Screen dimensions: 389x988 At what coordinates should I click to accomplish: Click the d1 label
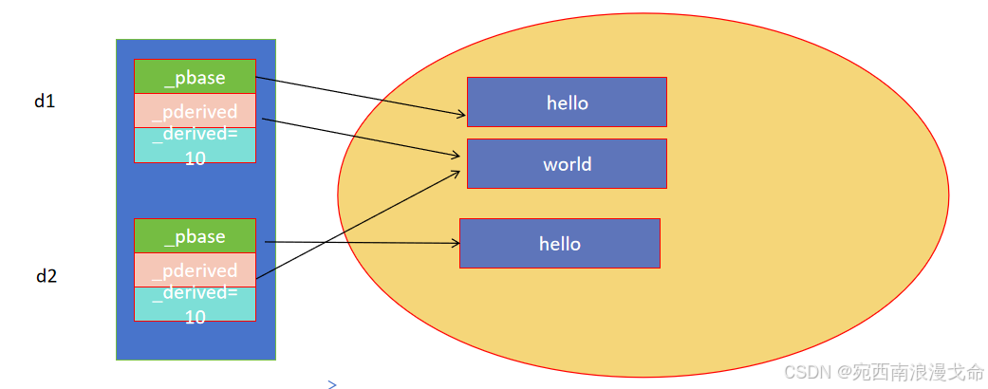45,102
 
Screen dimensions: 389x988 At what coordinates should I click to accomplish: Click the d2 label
47,277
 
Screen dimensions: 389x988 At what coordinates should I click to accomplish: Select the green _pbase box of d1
195,77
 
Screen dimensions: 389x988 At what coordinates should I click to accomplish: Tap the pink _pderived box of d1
195,111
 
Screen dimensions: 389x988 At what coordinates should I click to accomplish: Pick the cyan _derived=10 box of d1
195,146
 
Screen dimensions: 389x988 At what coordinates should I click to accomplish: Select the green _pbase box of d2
195,236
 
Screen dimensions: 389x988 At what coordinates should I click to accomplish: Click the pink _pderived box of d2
195,270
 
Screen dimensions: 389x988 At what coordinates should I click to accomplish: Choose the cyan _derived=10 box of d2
195,306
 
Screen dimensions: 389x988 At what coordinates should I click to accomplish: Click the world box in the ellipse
567,164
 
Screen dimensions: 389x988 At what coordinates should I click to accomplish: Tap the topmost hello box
567,102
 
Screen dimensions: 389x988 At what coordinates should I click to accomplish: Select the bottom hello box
559,244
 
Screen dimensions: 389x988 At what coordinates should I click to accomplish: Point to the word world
568,164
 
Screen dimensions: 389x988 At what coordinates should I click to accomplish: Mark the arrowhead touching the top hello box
461,115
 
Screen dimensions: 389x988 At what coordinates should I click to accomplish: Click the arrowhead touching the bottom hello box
455,243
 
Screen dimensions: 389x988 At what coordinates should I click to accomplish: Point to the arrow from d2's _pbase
361,242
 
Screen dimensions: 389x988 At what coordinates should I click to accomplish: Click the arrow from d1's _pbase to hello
361,97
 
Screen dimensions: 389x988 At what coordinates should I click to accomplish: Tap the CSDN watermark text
884,371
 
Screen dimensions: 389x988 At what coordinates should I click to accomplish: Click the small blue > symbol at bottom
332,384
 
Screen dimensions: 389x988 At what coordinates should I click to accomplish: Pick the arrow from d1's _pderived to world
361,137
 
